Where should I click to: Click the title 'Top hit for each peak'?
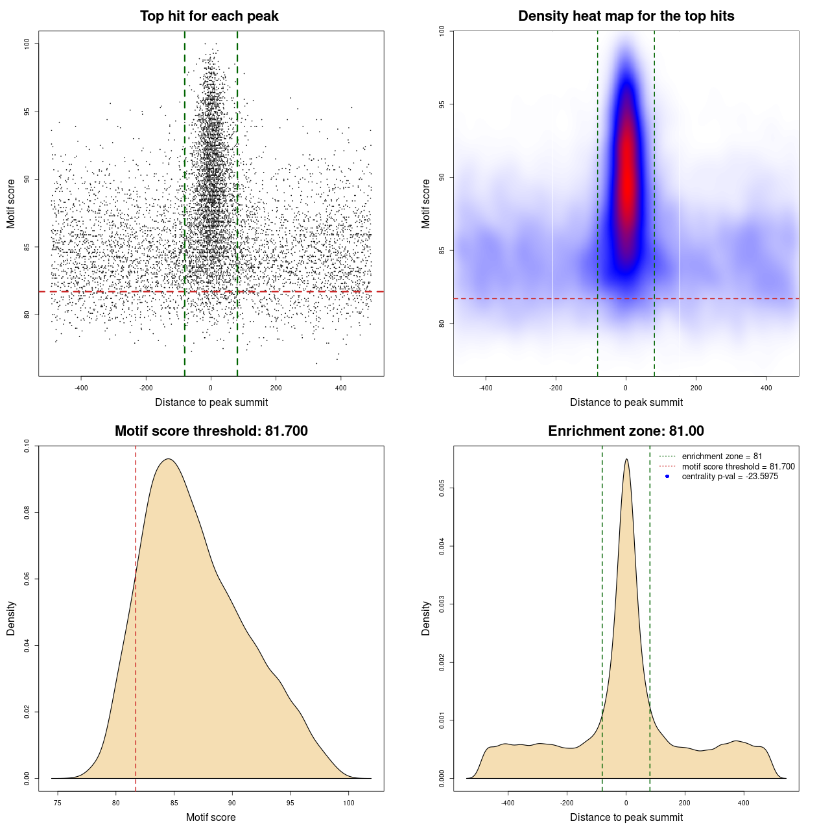click(x=209, y=16)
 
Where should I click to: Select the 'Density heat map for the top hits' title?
click(x=626, y=16)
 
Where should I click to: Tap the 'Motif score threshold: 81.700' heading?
click(x=211, y=431)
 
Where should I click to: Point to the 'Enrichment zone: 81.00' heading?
click(x=626, y=431)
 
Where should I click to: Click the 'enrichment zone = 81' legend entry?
click(x=722, y=456)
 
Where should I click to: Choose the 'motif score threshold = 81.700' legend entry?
click(x=738, y=467)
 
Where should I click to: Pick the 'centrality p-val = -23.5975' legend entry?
click(x=729, y=477)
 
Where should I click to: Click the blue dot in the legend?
click(x=667, y=477)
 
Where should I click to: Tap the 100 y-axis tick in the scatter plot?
click(x=27, y=43)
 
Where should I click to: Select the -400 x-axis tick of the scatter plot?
click(x=81, y=388)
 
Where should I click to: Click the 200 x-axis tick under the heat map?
click(x=696, y=388)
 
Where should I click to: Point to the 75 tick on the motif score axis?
click(x=58, y=803)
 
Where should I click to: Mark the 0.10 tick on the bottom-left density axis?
click(x=27, y=446)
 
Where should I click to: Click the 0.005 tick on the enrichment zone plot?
click(x=442, y=488)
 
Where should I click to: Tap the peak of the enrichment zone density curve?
click(x=626, y=460)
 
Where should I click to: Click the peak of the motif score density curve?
click(x=169, y=459)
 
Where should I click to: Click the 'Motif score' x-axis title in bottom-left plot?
click(x=211, y=817)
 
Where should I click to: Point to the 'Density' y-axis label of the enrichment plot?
click(x=426, y=618)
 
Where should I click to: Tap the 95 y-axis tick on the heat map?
click(x=442, y=104)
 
